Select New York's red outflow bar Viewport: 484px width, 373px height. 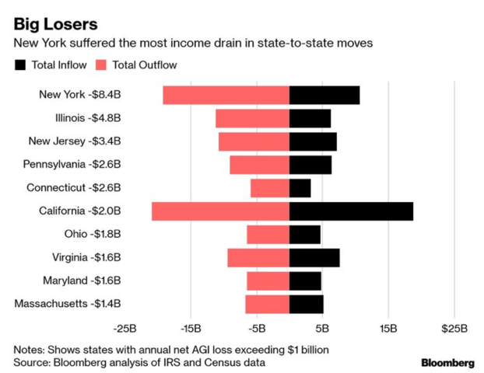click(226, 95)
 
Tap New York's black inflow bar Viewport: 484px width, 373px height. click(324, 95)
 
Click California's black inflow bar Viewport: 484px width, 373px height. click(351, 211)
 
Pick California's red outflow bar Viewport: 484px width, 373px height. click(220, 211)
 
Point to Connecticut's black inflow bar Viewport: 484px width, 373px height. click(300, 188)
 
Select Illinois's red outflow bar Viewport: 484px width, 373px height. click(252, 118)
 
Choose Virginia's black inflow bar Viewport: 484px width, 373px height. click(314, 257)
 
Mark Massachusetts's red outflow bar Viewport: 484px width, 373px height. click(267, 304)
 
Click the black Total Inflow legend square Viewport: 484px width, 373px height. click(20, 65)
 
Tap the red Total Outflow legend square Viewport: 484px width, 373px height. click(102, 65)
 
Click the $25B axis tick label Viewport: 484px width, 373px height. click(454, 328)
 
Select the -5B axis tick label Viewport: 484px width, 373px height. click(257, 328)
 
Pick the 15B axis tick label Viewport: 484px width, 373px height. click(388, 328)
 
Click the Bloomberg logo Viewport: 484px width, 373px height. click(447, 363)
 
